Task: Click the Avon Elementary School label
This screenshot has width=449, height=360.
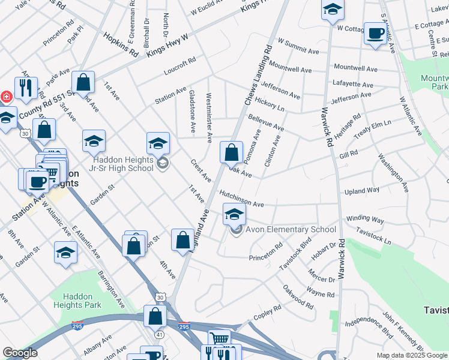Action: pos(291,230)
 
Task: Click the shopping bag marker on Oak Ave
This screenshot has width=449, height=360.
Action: pos(231,153)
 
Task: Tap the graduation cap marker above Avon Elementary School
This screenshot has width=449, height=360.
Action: pos(234,214)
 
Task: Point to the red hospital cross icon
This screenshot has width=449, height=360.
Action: pos(6,97)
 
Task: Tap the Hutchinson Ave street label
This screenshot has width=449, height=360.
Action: pos(241,199)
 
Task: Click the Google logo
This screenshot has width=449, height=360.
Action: pos(20,353)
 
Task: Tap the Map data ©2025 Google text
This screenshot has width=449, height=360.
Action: pos(411,355)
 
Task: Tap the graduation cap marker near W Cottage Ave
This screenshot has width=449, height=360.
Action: pos(333,11)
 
